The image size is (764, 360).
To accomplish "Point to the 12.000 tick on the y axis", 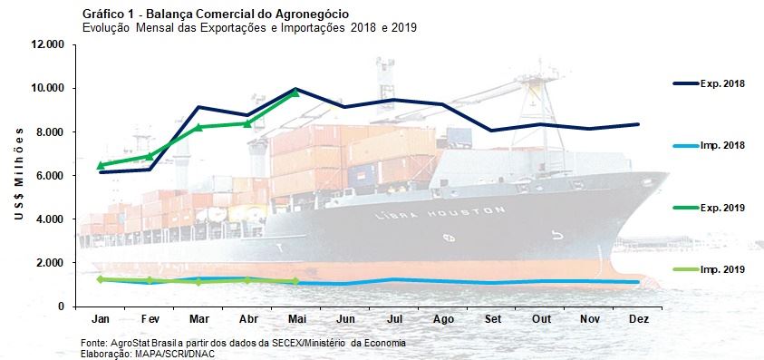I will point(45,44).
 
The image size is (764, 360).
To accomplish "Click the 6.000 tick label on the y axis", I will point(48,175).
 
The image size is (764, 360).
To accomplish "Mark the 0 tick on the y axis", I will point(60,306).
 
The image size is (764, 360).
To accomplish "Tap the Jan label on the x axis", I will point(101,321).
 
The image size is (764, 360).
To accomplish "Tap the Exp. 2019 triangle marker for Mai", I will point(295,92).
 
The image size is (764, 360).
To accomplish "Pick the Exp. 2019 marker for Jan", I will point(102,165).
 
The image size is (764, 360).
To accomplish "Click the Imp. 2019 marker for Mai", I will point(295,281).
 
